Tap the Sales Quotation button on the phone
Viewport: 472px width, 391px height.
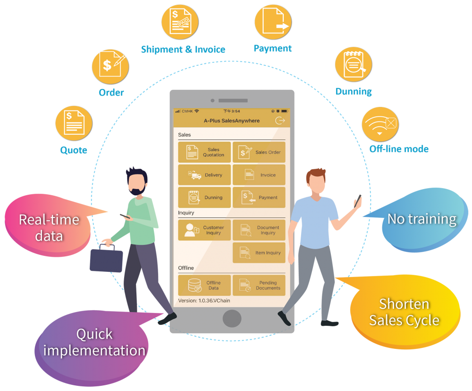(x=204, y=152)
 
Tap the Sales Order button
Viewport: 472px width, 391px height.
(x=259, y=152)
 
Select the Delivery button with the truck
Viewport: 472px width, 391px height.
(x=204, y=175)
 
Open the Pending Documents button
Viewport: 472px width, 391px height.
(x=259, y=285)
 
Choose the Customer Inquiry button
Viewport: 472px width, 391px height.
(x=204, y=230)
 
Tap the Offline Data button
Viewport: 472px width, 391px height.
(x=204, y=285)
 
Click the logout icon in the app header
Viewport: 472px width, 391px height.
(x=280, y=121)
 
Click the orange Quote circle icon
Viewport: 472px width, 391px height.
(x=74, y=123)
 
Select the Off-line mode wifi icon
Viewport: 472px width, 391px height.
(x=380, y=124)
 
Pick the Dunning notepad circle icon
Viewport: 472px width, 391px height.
(x=354, y=64)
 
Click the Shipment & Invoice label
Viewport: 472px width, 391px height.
(x=183, y=50)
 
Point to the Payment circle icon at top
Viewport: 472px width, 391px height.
(x=273, y=22)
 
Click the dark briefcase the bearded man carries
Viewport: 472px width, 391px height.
(x=106, y=258)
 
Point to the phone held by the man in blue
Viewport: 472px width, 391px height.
(x=358, y=201)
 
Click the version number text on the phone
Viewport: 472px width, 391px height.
(x=204, y=301)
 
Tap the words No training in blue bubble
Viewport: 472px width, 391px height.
(x=421, y=219)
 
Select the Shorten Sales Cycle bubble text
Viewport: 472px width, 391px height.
(x=404, y=312)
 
